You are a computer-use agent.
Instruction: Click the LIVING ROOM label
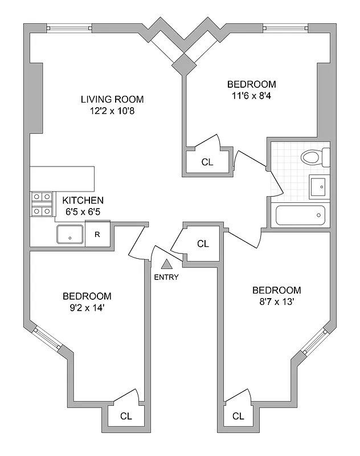pyautogui.click(x=112, y=99)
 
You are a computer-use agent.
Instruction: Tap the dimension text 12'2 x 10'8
pyautogui.click(x=112, y=110)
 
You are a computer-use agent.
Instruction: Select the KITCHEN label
pyautogui.click(x=83, y=200)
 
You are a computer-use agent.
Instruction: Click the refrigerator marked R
pyautogui.click(x=97, y=234)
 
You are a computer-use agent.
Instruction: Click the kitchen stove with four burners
pyautogui.click(x=42, y=205)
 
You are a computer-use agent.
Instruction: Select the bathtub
pyautogui.click(x=301, y=216)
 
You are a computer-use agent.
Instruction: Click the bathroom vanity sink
pyautogui.click(x=318, y=186)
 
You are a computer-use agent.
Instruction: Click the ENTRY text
pyautogui.click(x=166, y=278)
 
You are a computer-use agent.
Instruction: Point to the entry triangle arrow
pyautogui.click(x=166, y=264)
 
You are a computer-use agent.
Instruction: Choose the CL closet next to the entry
pyautogui.click(x=203, y=244)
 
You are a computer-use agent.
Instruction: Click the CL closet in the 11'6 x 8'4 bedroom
pyautogui.click(x=207, y=162)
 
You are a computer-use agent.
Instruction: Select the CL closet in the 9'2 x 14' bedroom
pyautogui.click(x=126, y=416)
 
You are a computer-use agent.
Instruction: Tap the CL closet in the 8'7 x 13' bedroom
pyautogui.click(x=239, y=416)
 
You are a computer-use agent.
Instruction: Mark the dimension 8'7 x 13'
pyautogui.click(x=276, y=302)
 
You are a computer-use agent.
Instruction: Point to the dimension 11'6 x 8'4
pyautogui.click(x=251, y=96)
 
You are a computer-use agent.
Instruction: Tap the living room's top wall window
pyautogui.click(x=68, y=27)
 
